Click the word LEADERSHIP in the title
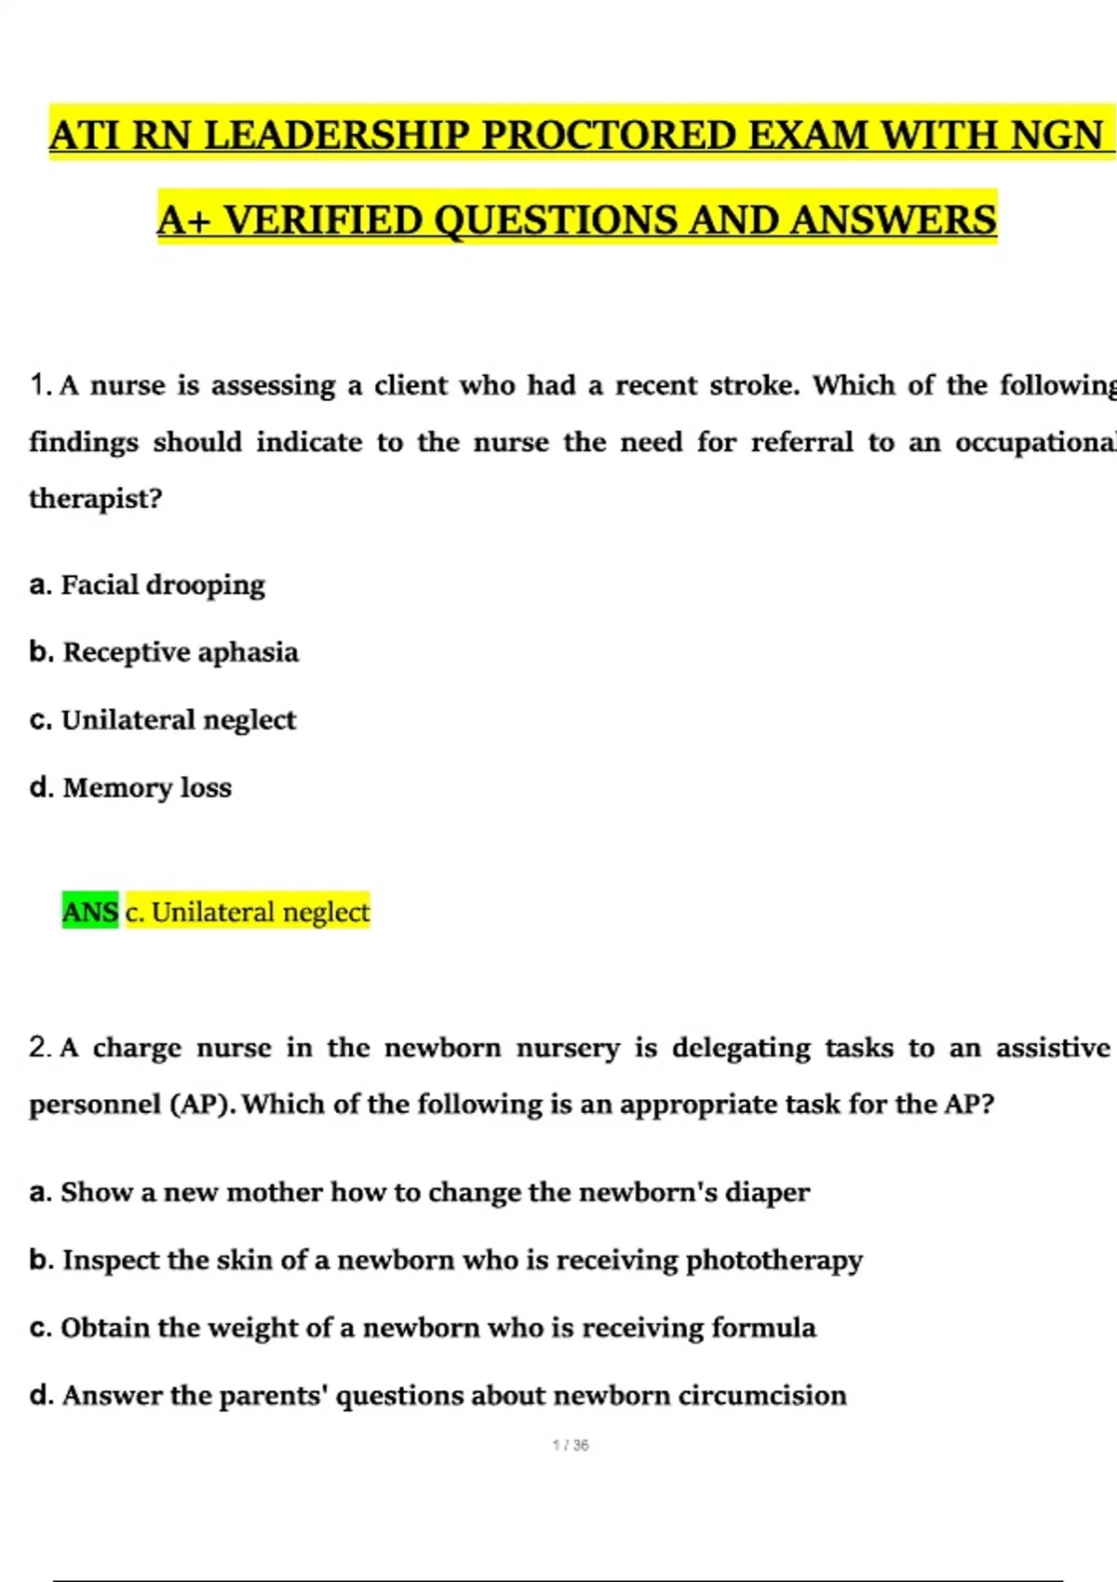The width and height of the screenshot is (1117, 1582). point(336,136)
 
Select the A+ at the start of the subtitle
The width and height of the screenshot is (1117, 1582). point(184,221)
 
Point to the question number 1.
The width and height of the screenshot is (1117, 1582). point(38,385)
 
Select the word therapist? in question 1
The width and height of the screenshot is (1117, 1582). point(96,499)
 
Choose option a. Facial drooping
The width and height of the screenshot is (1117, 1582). point(147,585)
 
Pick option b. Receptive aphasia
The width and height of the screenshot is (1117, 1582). point(164,652)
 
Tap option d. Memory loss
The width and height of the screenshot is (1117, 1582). point(130,788)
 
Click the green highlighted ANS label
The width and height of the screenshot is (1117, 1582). point(90,912)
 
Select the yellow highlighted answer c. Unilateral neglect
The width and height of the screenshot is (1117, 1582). point(248,912)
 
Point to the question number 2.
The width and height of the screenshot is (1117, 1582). point(39,1048)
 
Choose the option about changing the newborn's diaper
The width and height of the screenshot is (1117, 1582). point(419,1193)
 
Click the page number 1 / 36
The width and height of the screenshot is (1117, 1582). point(571,1445)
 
